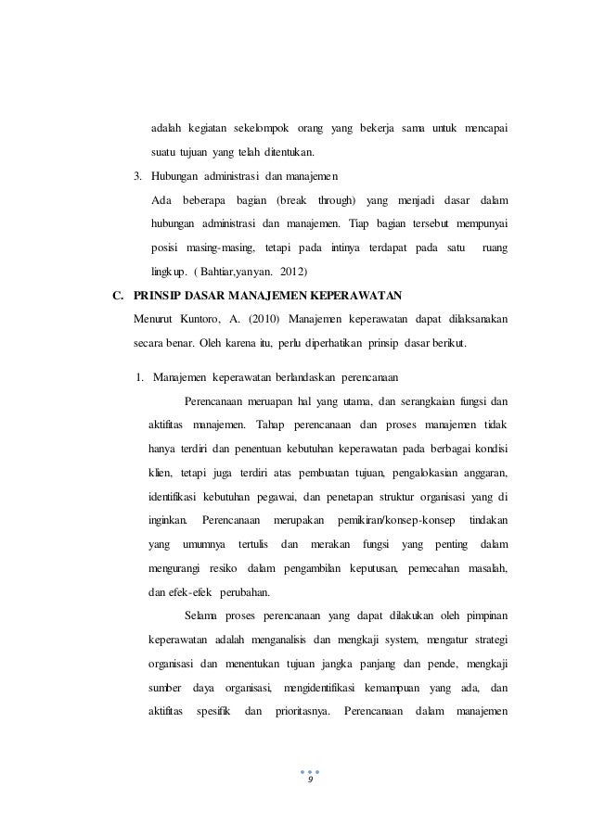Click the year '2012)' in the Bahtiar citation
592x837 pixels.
pos(291,273)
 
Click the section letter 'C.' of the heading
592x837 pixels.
pos(117,297)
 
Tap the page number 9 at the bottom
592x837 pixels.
pos(311,781)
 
